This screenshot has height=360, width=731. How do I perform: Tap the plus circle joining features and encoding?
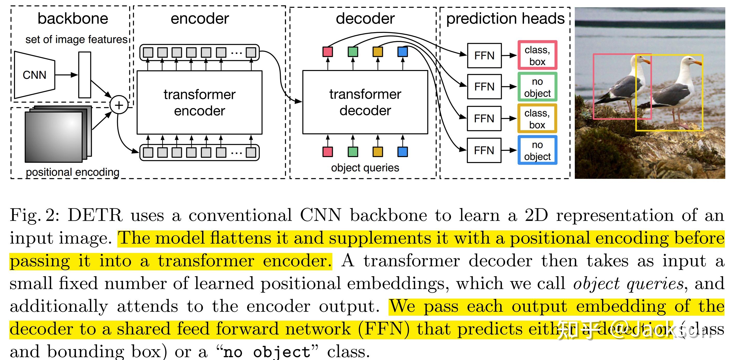pos(119,105)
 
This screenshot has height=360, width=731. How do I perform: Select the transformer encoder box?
pos(199,102)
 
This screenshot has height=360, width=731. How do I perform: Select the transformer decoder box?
pos(365,102)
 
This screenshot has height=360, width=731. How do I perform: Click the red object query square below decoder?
pos(327,152)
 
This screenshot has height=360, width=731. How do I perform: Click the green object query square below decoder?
pos(353,152)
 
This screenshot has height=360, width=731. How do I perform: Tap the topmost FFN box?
pos(484,56)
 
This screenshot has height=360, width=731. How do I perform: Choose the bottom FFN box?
pos(484,150)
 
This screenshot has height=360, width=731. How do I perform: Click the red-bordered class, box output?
pos(537,56)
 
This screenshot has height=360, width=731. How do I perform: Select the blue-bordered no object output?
pos(537,150)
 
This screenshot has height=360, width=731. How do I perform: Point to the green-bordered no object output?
pos(537,87)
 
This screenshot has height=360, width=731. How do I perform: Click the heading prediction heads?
pos(505,19)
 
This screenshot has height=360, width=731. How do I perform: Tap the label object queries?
pos(365,168)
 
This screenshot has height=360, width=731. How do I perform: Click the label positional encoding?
pos(72,172)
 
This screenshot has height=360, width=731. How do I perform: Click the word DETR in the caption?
pos(95,215)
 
